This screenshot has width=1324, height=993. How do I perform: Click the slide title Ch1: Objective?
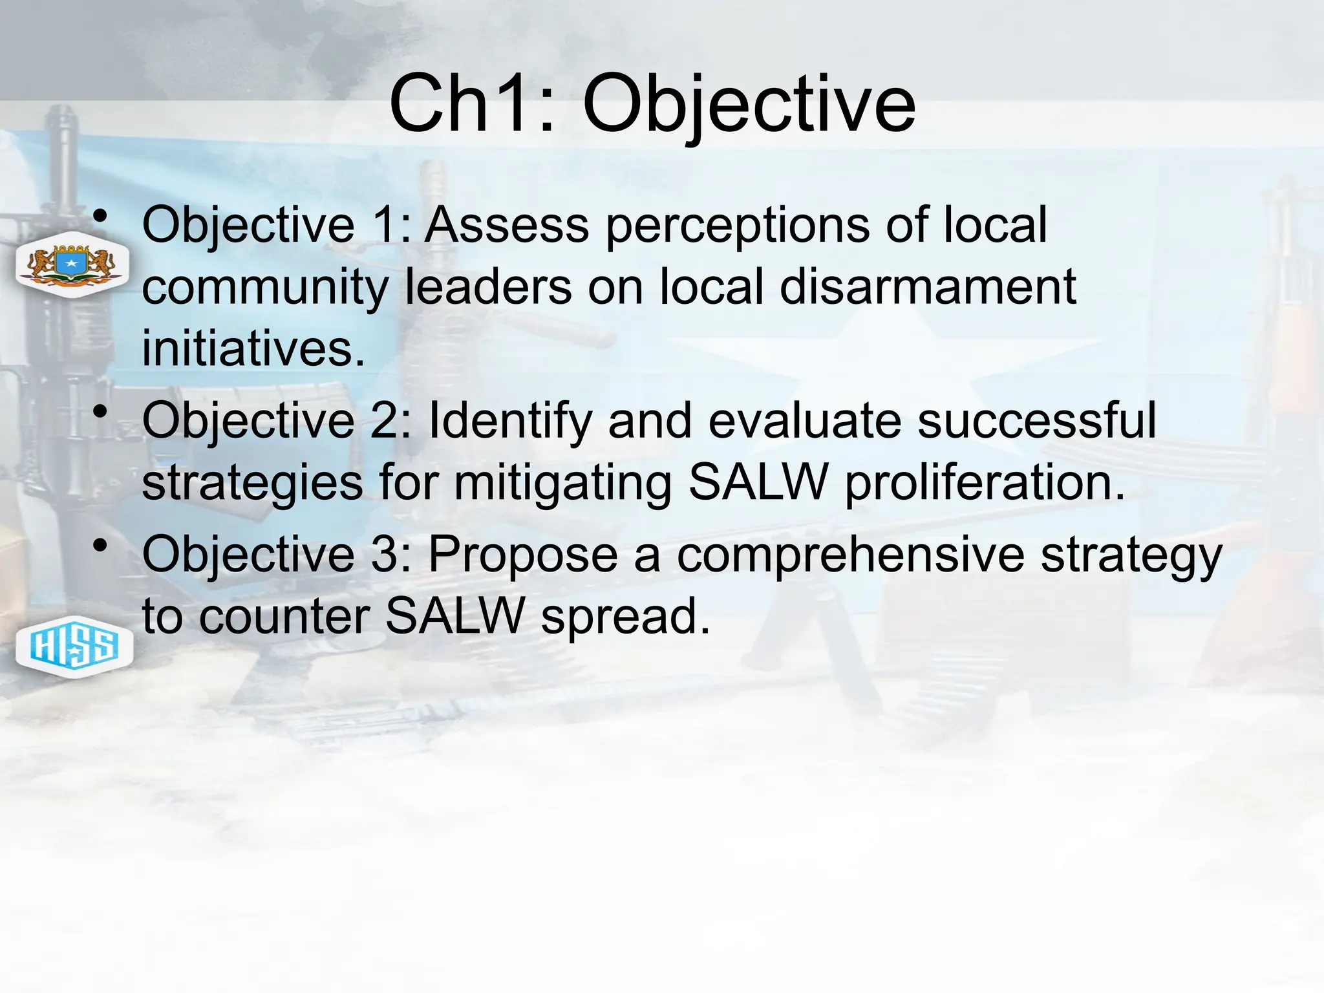pos(652,103)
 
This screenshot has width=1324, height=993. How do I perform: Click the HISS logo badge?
pos(74,646)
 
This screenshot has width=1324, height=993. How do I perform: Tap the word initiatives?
pos(252,348)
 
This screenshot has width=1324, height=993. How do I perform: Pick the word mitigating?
pos(562,484)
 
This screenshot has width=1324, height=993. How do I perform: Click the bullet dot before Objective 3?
pos(100,546)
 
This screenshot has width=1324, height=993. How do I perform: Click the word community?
pos(265,288)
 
